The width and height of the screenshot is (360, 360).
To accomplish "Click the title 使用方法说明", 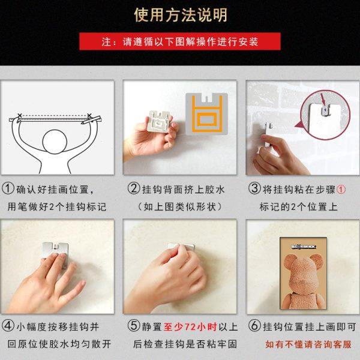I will coord(180,15).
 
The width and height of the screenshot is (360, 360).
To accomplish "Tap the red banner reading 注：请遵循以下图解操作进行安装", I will coord(180,42).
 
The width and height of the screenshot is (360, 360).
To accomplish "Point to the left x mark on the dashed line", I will coord(20,115).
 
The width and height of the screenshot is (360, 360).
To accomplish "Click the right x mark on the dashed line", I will coord(89,115).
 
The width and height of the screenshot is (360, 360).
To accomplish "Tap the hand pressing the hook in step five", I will coord(174,270).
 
